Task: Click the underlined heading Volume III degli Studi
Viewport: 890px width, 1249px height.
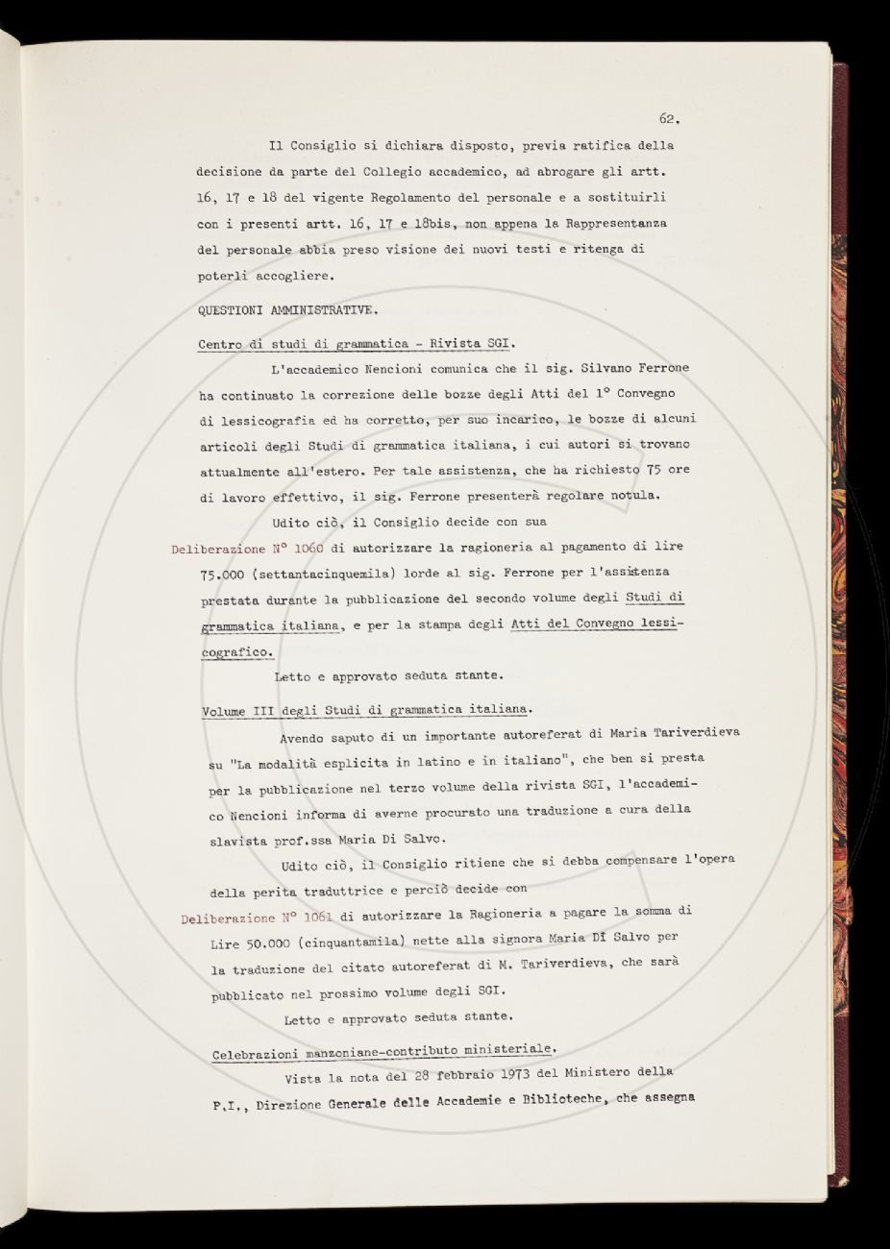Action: tap(365, 710)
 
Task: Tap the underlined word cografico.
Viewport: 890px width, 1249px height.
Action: tap(236, 650)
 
